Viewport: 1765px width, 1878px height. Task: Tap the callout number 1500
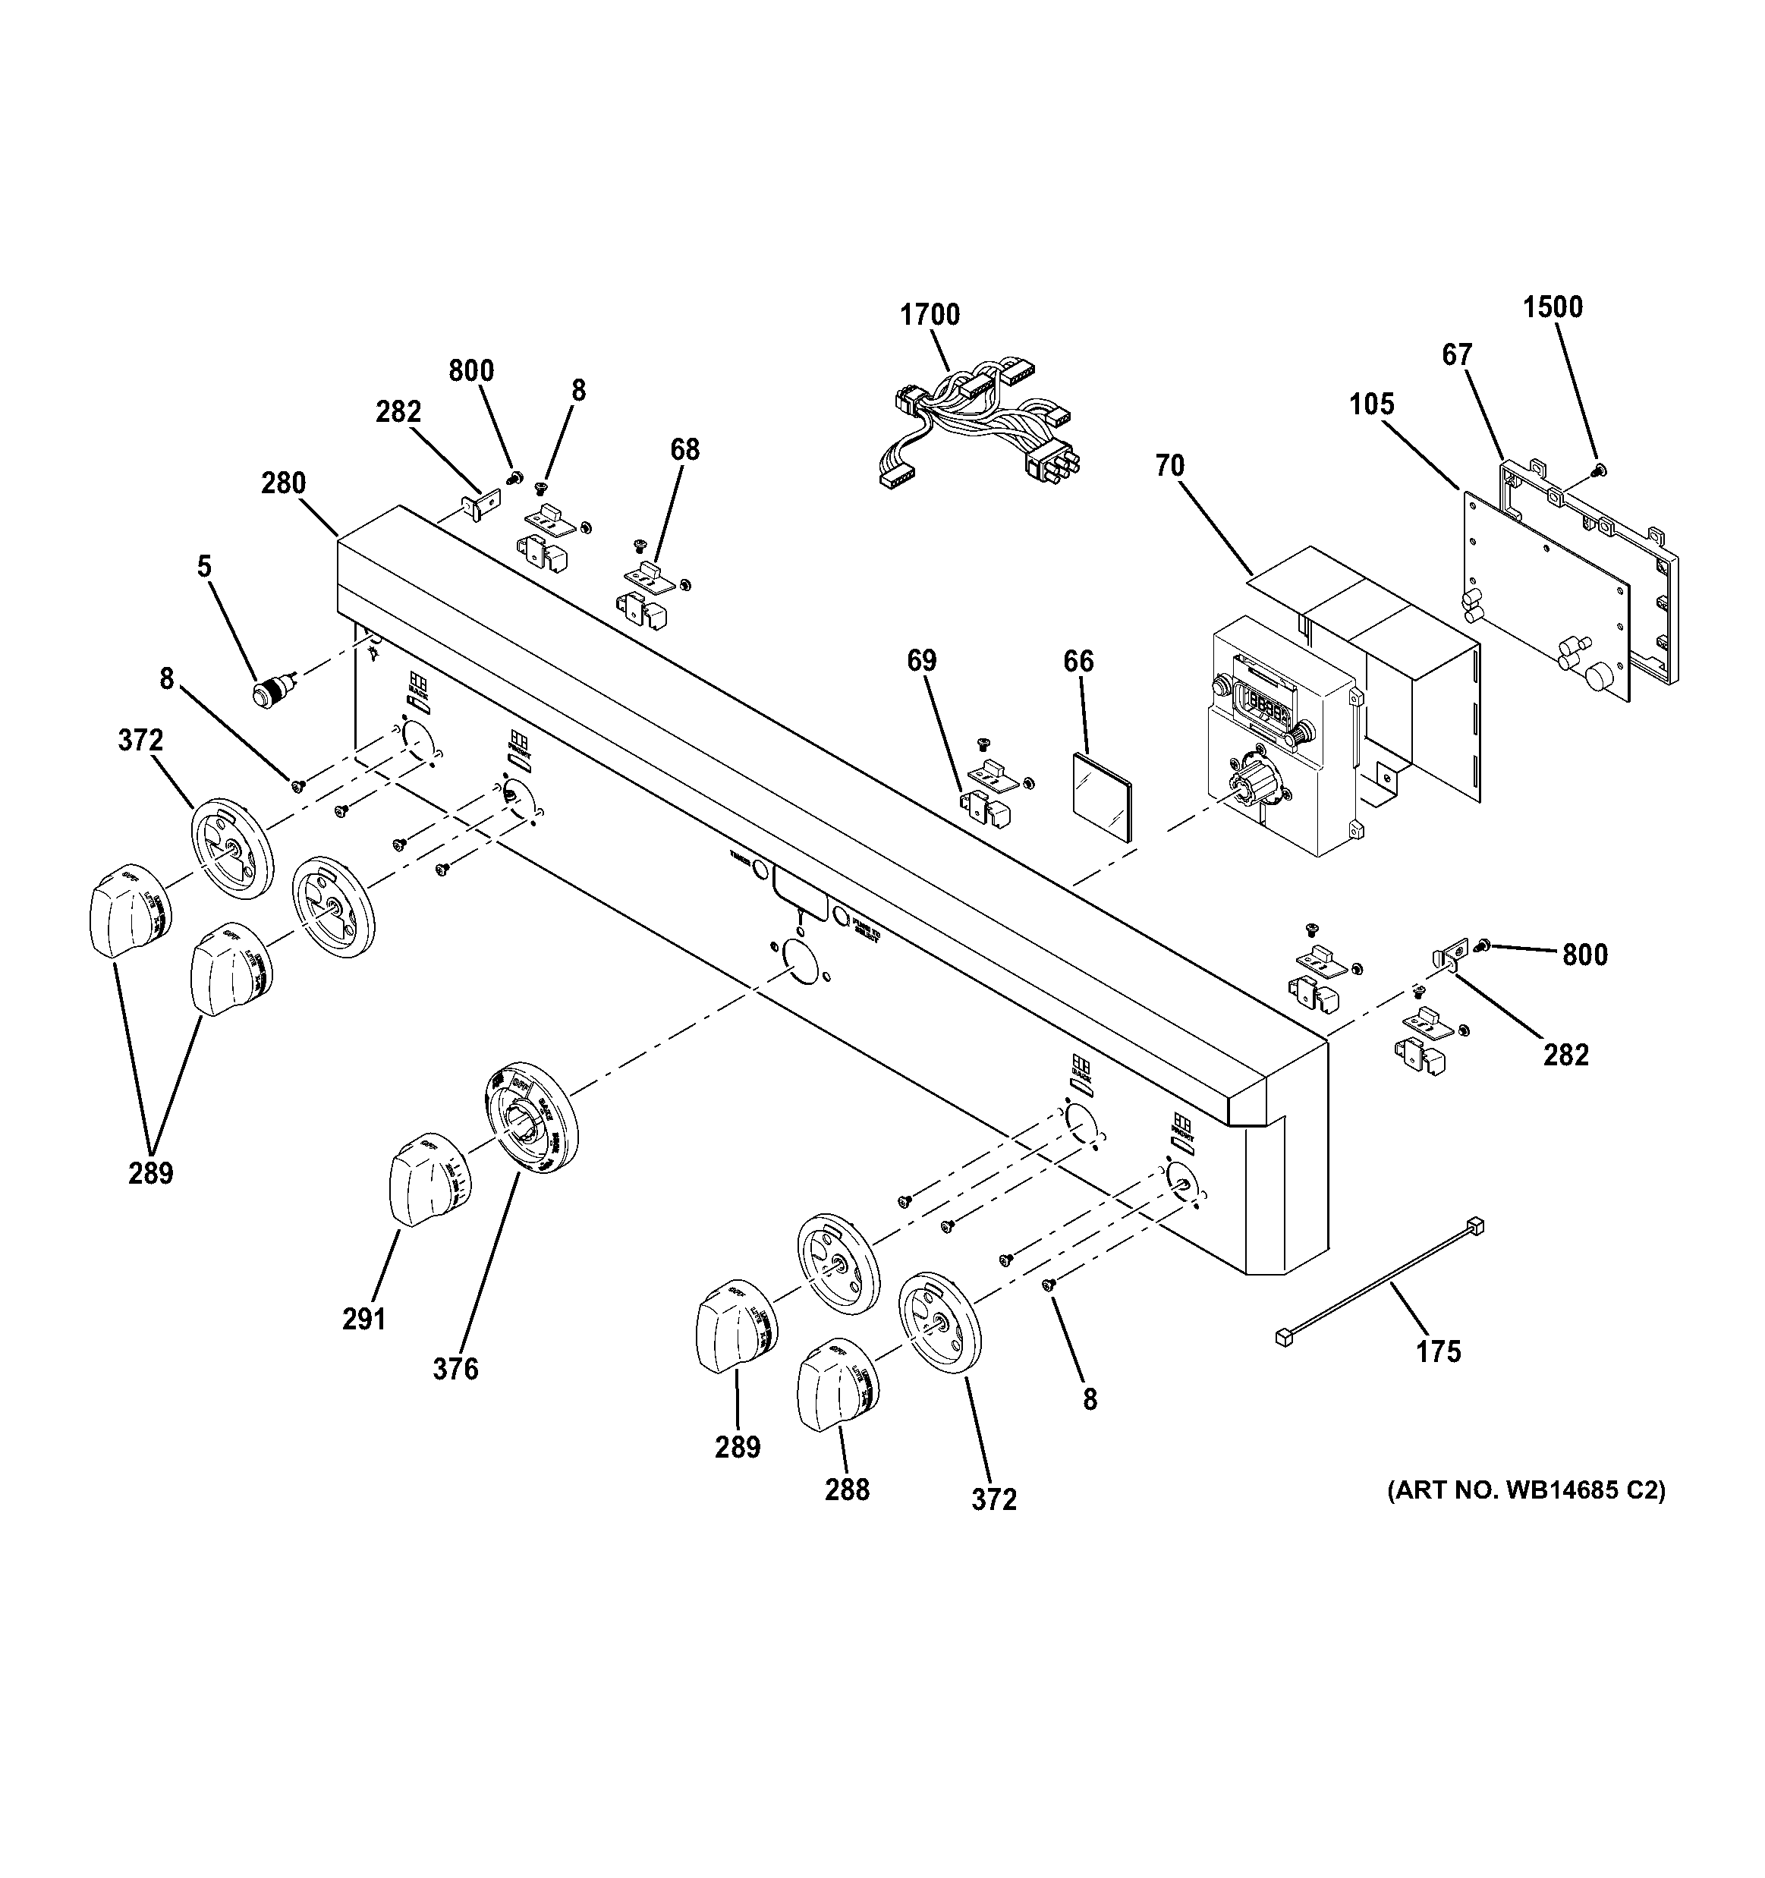[1553, 307]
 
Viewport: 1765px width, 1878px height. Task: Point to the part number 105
[1371, 404]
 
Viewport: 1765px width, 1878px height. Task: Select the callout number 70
[1170, 466]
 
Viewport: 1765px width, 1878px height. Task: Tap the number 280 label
[284, 483]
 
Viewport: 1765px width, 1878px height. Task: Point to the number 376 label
[455, 1369]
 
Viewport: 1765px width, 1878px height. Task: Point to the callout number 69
[921, 661]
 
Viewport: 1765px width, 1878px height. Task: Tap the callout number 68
[685, 450]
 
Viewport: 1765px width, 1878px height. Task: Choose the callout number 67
[1457, 355]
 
